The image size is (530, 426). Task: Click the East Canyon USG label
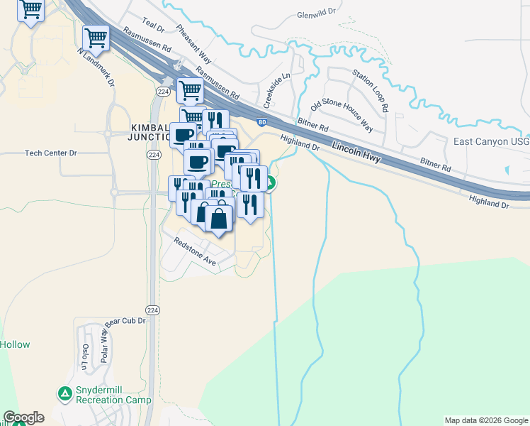coord(491,141)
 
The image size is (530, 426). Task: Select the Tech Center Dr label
coord(50,153)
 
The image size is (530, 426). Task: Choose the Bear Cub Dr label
coord(125,321)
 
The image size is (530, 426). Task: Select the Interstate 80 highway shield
coord(262,122)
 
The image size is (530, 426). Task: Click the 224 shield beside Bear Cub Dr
coord(152,310)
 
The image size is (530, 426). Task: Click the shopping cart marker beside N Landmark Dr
coord(95,38)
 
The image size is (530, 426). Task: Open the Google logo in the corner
coord(23,417)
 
